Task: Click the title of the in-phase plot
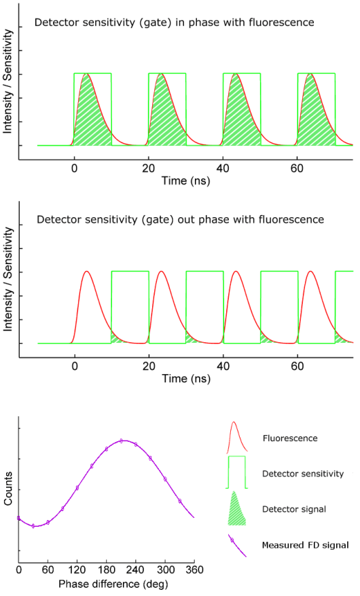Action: point(175,23)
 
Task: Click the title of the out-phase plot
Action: point(180,220)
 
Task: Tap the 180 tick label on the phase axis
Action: point(121,569)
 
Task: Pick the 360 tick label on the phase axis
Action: point(194,569)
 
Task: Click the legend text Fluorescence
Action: point(289,439)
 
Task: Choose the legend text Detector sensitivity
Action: point(304,473)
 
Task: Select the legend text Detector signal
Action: point(293,508)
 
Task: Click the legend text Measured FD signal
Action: point(305,544)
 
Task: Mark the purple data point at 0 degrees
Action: point(19,519)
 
